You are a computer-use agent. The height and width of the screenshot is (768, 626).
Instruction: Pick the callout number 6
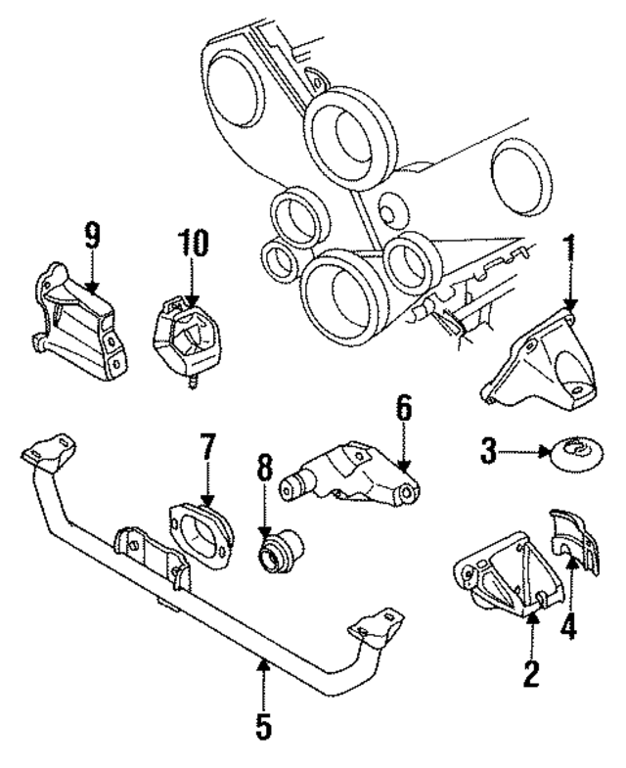[x=405, y=408]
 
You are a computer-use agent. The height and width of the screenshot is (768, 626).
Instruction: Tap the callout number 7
[x=206, y=452]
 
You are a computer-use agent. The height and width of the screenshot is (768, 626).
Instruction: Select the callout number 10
[x=194, y=245]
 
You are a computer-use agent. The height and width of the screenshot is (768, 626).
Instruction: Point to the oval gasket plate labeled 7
[x=201, y=534]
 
